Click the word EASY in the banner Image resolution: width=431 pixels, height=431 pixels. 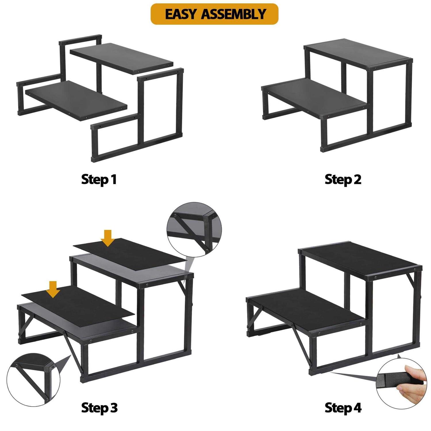[x=180, y=14]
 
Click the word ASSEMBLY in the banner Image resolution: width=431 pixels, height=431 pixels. [x=233, y=14]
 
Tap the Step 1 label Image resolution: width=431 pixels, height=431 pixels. [x=99, y=180]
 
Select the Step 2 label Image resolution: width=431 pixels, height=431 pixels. [x=343, y=180]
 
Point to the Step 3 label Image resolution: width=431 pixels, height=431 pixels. [x=99, y=408]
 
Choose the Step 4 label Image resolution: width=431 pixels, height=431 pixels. [x=343, y=408]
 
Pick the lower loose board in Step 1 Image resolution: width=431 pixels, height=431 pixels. [x=76, y=99]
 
